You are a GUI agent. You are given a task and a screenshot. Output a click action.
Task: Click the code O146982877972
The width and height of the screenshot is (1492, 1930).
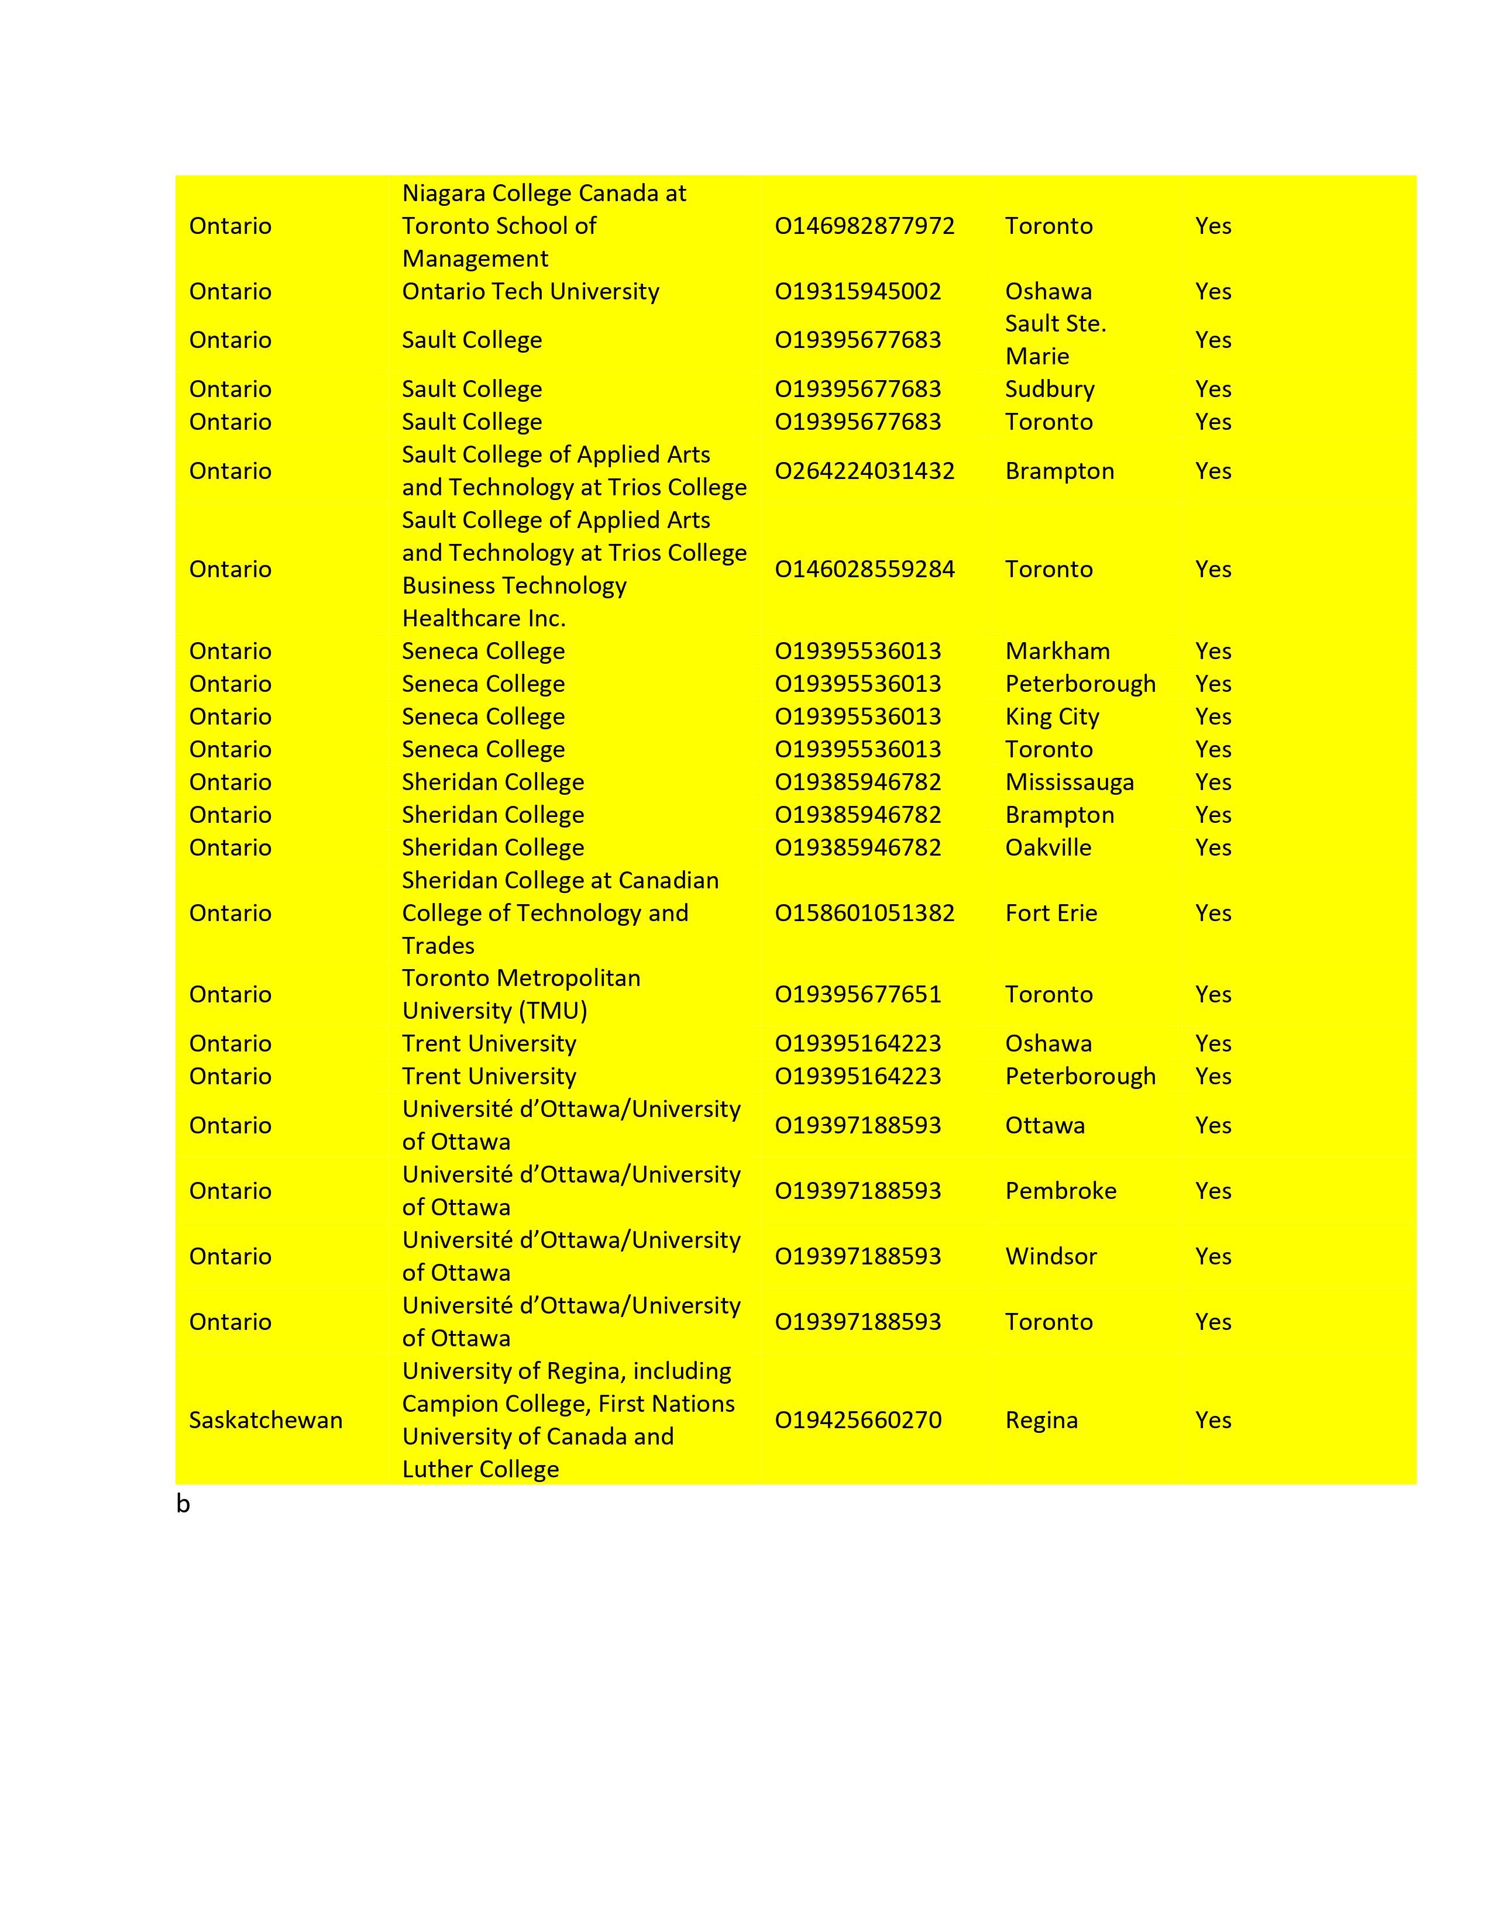pyautogui.click(x=864, y=226)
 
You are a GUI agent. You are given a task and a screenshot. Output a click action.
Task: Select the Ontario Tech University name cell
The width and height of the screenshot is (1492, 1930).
pyautogui.click(x=530, y=292)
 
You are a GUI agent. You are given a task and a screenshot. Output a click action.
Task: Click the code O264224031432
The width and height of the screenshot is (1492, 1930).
pyautogui.click(x=864, y=471)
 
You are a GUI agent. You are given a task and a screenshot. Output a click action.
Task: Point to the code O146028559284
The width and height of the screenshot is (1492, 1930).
pyautogui.click(x=864, y=569)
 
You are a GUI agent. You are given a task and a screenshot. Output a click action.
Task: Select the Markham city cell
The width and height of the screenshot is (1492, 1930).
pyautogui.click(x=1057, y=652)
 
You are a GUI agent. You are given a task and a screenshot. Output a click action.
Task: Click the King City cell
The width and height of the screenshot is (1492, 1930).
pyautogui.click(x=1052, y=716)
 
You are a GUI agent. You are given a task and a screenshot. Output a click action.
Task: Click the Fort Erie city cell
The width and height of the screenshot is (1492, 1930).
pyautogui.click(x=1051, y=913)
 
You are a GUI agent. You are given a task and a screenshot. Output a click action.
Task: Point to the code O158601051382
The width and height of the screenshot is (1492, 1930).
pyautogui.click(x=864, y=913)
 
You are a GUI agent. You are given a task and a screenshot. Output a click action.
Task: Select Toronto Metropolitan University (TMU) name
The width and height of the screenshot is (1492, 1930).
pyautogui.click(x=521, y=994)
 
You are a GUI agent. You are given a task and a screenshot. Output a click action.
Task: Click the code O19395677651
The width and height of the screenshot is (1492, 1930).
pyautogui.click(x=857, y=994)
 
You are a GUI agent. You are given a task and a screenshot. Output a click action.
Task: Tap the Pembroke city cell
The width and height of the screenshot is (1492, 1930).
pyautogui.click(x=1061, y=1191)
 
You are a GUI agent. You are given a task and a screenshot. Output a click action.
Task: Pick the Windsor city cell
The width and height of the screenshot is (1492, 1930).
pyautogui.click(x=1051, y=1257)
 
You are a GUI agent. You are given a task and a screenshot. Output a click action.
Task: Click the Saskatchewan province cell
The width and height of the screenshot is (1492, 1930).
pyautogui.click(x=265, y=1420)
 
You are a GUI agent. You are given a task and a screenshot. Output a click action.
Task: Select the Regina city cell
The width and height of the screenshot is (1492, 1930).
pyautogui.click(x=1041, y=1420)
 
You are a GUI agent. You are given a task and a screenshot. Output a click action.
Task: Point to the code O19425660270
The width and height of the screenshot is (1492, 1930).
pyautogui.click(x=857, y=1420)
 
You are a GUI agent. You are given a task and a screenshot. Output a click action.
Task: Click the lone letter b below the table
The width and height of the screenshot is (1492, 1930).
pyautogui.click(x=183, y=1504)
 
